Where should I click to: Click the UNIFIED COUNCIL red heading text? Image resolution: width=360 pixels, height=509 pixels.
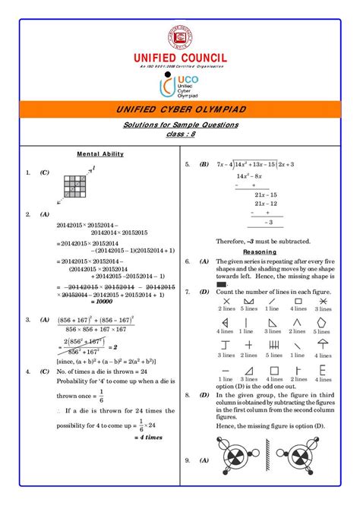[x=180, y=57]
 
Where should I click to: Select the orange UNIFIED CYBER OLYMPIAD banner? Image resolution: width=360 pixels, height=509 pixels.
[x=180, y=110]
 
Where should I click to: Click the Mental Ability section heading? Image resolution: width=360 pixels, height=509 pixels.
[x=100, y=153]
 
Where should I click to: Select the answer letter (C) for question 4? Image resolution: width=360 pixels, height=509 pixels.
[x=46, y=372]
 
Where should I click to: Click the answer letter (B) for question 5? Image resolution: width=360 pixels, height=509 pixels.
[x=204, y=164]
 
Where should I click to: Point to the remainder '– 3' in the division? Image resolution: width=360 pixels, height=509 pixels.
[x=265, y=223]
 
